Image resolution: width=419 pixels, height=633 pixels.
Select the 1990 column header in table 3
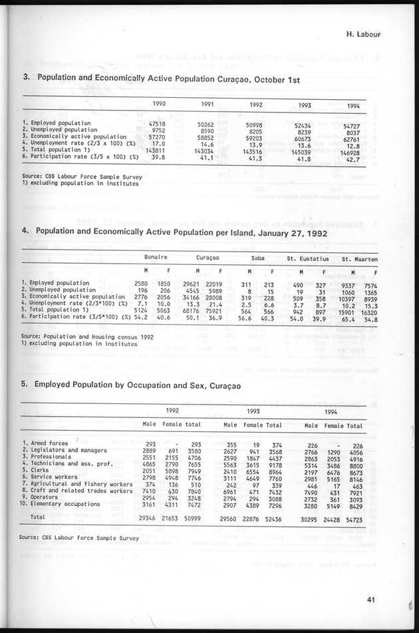coord(160,103)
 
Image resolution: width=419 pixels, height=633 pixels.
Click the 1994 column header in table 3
coord(354,106)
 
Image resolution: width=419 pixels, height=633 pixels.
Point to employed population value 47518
coord(157,123)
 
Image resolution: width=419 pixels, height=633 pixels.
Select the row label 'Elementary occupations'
coord(65,504)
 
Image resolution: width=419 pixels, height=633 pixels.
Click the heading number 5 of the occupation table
coord(24,385)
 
